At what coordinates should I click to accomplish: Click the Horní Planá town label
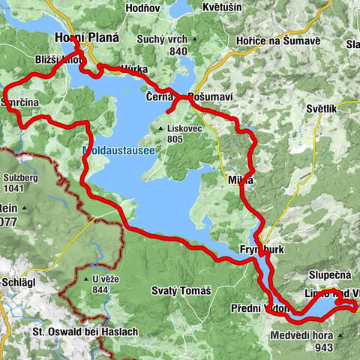click(82, 40)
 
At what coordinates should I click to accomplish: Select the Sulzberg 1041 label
click(21, 184)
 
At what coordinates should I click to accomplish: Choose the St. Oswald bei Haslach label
click(70, 331)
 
